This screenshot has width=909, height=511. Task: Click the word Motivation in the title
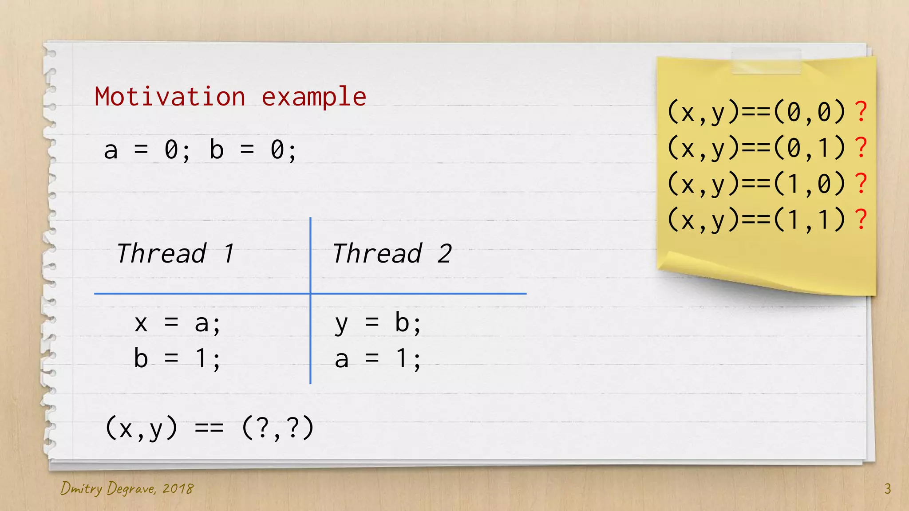click(x=170, y=97)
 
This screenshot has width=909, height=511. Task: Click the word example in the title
click(x=314, y=97)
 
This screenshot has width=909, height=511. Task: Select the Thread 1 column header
click(x=175, y=254)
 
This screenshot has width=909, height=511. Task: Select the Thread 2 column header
click(x=392, y=254)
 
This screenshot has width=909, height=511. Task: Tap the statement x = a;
click(x=177, y=323)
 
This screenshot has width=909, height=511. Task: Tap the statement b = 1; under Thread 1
click(x=177, y=358)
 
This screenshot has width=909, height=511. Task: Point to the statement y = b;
click(x=378, y=323)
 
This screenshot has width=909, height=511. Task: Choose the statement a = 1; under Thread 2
click(x=378, y=358)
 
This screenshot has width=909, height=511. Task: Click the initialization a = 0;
click(x=147, y=150)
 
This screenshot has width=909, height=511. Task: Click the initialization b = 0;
click(x=253, y=150)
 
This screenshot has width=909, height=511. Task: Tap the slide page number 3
click(x=887, y=488)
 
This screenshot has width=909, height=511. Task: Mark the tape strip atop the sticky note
click(x=766, y=61)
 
